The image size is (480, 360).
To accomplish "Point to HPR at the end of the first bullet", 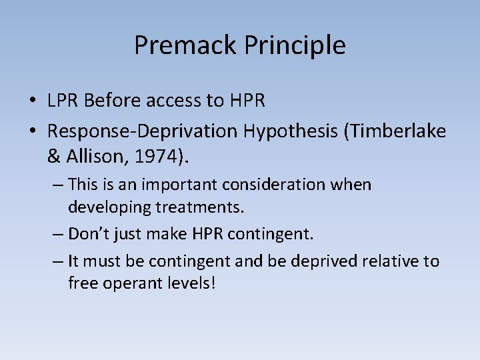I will (x=247, y=101).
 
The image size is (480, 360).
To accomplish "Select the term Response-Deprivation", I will (x=142, y=131).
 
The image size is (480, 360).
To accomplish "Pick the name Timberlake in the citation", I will (x=396, y=131).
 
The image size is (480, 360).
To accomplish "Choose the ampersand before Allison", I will (x=53, y=157).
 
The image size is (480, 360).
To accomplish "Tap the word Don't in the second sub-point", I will (x=88, y=234).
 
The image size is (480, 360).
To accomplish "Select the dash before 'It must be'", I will (x=57, y=261).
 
